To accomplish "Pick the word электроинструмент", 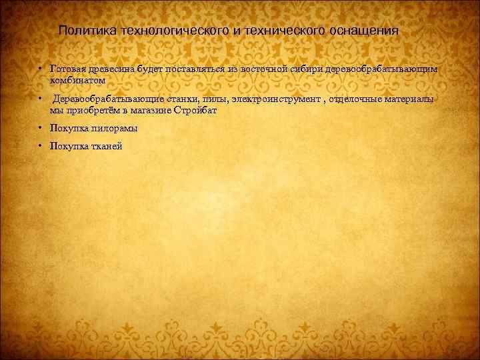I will [x=273, y=99].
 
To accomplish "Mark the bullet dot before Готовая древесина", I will [x=40, y=69].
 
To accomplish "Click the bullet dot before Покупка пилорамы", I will [x=40, y=127].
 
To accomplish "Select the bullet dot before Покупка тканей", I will [x=40, y=146].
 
